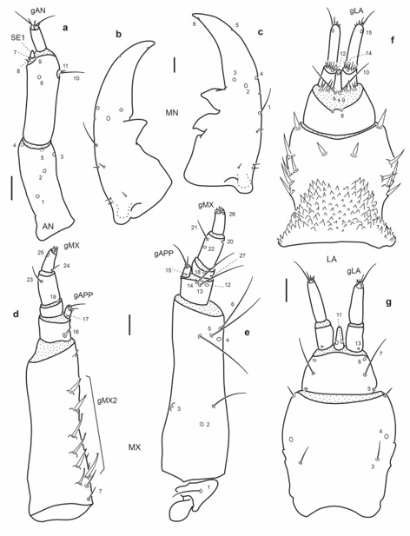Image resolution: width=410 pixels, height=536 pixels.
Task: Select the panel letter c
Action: click(x=260, y=33)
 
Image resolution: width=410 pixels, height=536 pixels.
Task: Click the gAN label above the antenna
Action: click(x=38, y=8)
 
